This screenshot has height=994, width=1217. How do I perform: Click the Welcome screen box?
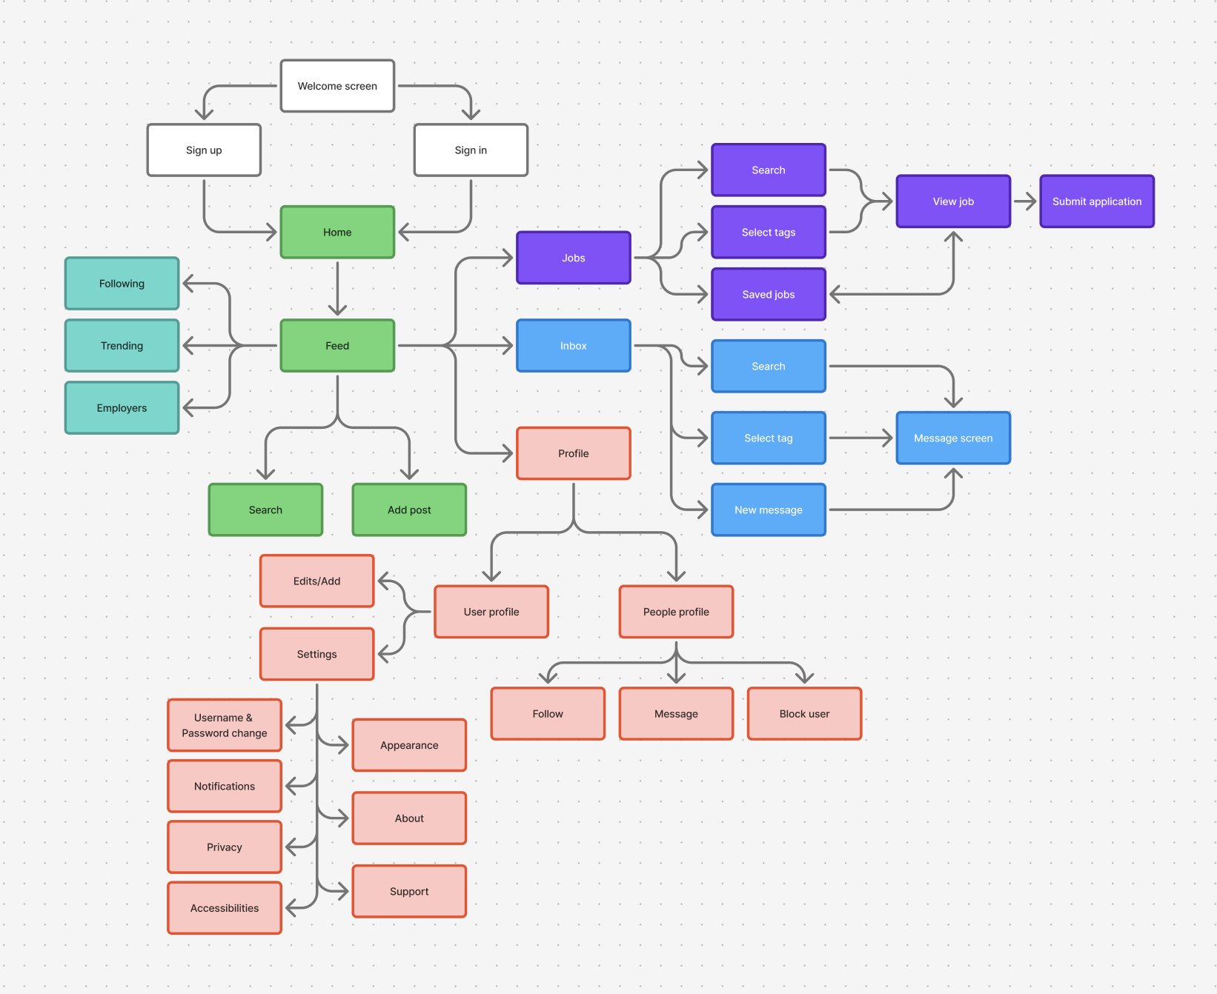coord(337,86)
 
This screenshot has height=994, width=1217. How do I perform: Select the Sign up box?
coord(204,150)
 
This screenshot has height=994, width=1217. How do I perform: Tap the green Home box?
coord(337,232)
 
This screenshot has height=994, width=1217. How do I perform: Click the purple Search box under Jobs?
coord(768,170)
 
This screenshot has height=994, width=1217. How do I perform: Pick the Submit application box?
coord(1096,201)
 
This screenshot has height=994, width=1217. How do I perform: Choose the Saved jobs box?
coord(768,294)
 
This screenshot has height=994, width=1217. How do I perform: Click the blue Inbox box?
coord(573,345)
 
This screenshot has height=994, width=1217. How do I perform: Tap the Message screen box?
coord(952,438)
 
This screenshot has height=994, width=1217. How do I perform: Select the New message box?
coord(768,510)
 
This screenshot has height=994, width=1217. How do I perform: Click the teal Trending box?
coord(122,345)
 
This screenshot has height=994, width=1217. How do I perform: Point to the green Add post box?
coord(409,510)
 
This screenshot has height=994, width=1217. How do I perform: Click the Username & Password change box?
coord(225,725)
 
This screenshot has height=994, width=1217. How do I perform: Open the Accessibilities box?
coord(225,907)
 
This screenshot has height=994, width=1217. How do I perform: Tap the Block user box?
coord(804,713)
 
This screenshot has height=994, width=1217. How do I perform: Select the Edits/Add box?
coord(316,581)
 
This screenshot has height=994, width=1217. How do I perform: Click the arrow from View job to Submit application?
coord(1024,201)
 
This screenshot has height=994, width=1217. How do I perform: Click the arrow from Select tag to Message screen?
coord(860,438)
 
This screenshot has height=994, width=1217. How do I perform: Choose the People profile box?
coord(676,611)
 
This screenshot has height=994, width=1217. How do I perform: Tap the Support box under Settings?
coord(409,891)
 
